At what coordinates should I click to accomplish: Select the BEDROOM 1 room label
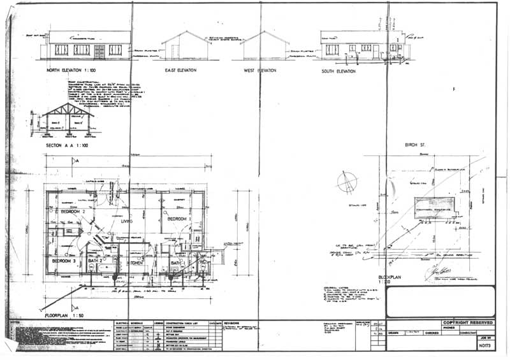[180, 219]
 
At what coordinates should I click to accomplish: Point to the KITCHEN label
[133, 263]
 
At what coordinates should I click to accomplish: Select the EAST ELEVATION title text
[180, 70]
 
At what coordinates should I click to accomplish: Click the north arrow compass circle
[347, 180]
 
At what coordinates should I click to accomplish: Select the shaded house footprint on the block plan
[432, 206]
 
